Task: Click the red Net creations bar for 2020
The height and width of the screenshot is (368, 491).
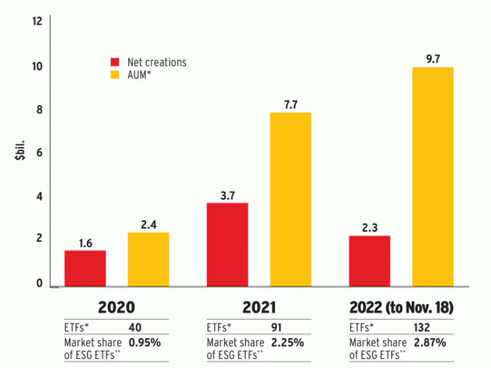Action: coord(85,268)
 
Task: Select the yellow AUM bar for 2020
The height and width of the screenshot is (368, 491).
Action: coord(149,259)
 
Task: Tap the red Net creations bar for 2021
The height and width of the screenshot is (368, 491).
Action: coord(227,244)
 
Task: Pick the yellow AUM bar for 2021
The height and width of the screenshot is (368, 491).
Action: coord(291,199)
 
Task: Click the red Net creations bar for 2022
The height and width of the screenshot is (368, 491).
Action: coord(369,260)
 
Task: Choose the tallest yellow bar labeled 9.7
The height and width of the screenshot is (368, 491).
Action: coord(433,176)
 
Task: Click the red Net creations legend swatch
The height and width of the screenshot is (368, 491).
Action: coord(115,62)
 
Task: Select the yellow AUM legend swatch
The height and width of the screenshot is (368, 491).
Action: coord(115,76)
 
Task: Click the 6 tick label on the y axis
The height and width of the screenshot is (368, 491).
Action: coord(39,153)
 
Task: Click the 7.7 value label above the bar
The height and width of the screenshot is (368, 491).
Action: coord(291,104)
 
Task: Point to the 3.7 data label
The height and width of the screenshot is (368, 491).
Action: coord(227,194)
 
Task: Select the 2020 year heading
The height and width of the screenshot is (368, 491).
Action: coord(117,307)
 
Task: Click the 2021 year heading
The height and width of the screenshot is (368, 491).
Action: coord(259,307)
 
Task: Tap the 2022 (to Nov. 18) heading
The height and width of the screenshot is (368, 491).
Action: coord(401,307)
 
